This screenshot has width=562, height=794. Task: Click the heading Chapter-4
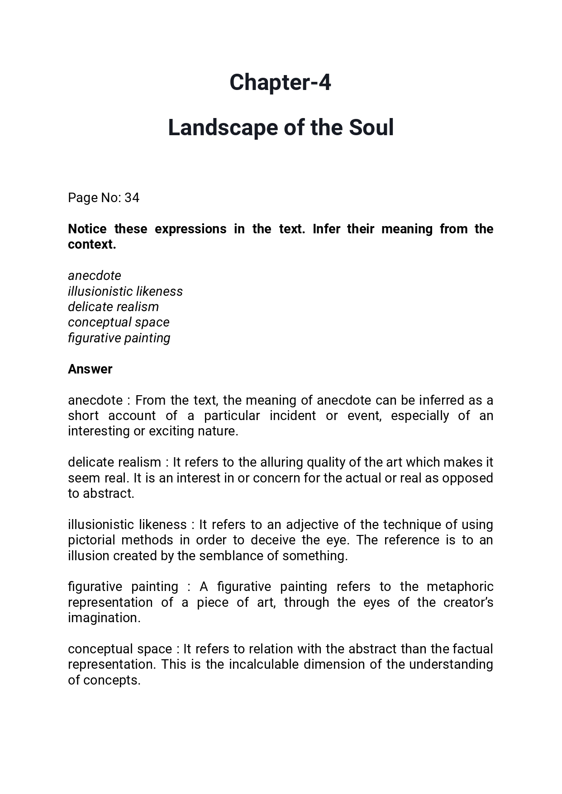tap(280, 83)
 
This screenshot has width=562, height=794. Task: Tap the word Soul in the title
tap(371, 128)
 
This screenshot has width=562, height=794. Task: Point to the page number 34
tap(132, 198)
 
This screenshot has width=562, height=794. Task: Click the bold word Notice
tap(87, 229)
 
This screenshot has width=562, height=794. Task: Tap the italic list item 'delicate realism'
tap(113, 307)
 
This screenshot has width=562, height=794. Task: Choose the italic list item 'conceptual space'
tap(119, 322)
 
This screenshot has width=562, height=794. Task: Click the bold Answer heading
tap(90, 369)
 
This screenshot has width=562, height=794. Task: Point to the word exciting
tap(171, 431)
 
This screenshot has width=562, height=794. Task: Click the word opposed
tap(467, 478)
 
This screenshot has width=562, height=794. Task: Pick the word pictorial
tap(90, 540)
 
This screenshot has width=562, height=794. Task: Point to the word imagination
tap(104, 618)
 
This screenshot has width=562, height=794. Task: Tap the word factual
tap(472, 649)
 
